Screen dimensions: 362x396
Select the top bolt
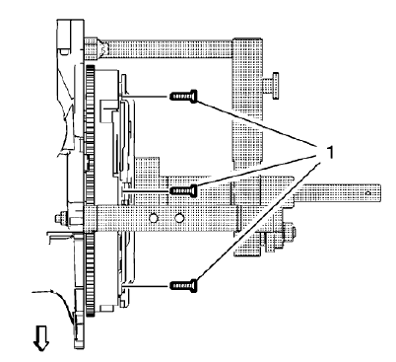pos(184,96)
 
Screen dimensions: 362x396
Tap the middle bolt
pos(184,188)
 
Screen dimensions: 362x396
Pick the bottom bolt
pos(184,284)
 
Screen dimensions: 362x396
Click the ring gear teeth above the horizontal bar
pos(90,138)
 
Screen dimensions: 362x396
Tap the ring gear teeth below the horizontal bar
pos(90,286)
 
